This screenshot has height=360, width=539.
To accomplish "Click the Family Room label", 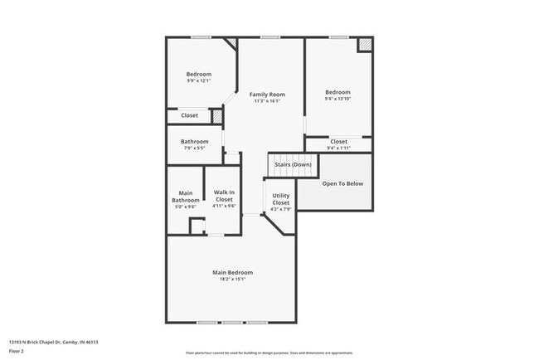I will click(x=267, y=95).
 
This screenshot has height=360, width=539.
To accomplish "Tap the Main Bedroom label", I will click(x=232, y=272).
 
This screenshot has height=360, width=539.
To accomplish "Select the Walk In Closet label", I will click(x=224, y=197).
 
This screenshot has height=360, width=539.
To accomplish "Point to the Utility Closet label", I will click(x=280, y=200).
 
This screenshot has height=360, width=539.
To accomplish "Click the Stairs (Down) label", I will click(x=293, y=164).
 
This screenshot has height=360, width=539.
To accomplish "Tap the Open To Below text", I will click(x=342, y=183).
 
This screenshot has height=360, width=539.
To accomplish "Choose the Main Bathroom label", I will click(x=185, y=197).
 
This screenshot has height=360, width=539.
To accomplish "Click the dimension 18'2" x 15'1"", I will click(x=232, y=280).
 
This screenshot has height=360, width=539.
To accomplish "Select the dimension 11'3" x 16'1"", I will click(x=267, y=102).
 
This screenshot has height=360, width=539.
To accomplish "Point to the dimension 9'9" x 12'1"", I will click(x=198, y=81).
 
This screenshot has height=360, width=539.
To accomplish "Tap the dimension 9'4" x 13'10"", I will click(x=337, y=99).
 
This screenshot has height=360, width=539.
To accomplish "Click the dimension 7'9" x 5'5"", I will click(x=194, y=148).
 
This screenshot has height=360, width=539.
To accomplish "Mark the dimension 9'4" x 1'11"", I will click(x=338, y=148).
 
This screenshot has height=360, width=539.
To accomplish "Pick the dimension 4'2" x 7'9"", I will click(x=280, y=209).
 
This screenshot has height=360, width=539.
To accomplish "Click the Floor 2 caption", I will click(x=17, y=351).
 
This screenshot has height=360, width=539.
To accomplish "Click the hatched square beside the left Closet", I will click(x=217, y=117).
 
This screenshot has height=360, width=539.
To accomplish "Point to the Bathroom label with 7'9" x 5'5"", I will click(x=195, y=141).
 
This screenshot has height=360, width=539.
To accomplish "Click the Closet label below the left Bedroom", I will click(x=190, y=115).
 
